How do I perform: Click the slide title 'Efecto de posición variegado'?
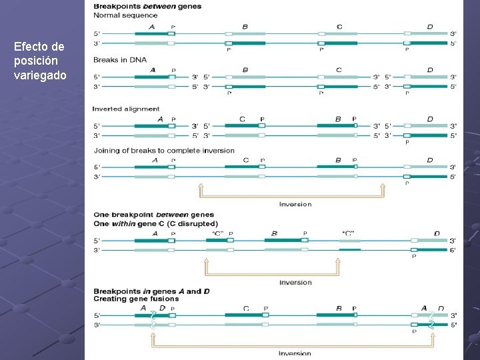pos(39,61)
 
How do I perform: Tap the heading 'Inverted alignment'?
pos(126,109)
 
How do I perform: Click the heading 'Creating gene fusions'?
pos(137,299)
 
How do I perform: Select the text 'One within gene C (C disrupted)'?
pos(156,223)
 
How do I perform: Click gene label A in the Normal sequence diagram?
pos(152,27)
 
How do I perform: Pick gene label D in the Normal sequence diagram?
pos(430,27)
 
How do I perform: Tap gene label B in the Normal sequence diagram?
pos(245,27)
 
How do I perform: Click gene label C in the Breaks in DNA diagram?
pos(339,70)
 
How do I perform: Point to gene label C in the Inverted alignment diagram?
pos(242,119)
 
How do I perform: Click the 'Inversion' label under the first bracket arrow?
pos(295,204)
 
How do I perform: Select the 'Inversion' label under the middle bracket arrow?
pos(295,283)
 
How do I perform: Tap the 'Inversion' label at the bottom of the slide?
pos(295,353)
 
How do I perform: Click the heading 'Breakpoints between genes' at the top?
pos(147,6)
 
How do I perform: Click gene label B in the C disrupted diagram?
pos(275,234)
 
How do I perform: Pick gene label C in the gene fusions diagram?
pos(246,309)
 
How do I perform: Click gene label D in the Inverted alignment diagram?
pos(430,119)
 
